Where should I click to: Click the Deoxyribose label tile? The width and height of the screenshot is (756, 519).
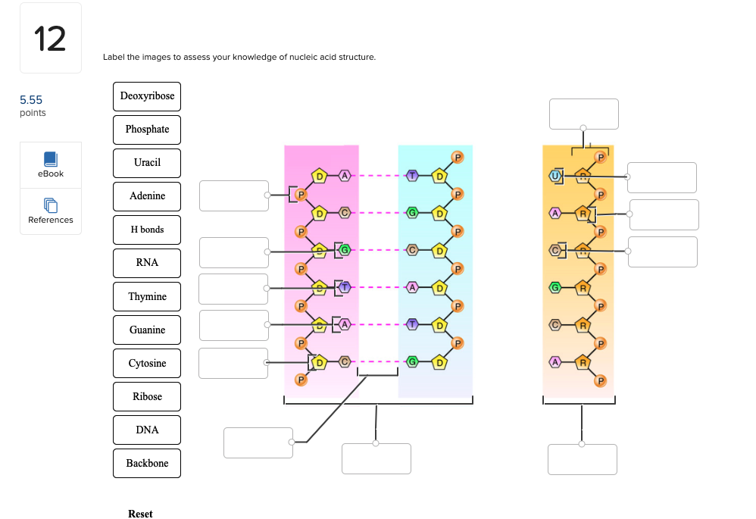tap(147, 96)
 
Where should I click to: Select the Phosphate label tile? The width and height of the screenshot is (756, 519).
tap(147, 130)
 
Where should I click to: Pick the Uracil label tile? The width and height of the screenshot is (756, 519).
tap(147, 163)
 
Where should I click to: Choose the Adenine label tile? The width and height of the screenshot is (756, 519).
tap(147, 196)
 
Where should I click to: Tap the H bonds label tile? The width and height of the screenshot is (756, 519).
tap(147, 230)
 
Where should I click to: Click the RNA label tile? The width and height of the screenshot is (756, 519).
tap(147, 263)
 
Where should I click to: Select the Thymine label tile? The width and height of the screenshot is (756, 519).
tap(147, 296)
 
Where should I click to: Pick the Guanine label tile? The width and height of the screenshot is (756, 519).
tap(147, 330)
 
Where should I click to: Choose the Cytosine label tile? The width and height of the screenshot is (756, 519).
tap(147, 363)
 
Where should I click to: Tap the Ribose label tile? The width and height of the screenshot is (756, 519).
tap(147, 396)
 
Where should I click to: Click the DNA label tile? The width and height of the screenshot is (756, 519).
tap(147, 430)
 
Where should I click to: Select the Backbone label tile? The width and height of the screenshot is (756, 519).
tap(147, 463)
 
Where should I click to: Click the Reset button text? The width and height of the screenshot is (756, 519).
tap(140, 514)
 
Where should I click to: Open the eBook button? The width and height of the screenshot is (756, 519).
tap(51, 164)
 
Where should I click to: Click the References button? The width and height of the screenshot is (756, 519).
tap(51, 211)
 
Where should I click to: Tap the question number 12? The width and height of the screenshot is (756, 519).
tap(50, 39)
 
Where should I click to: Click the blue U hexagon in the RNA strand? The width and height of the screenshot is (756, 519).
tap(555, 177)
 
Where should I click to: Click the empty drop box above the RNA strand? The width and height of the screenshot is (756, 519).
tap(583, 114)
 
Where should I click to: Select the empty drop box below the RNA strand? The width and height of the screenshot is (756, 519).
tap(582, 459)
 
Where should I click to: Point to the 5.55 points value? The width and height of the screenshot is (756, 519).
tap(31, 100)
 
